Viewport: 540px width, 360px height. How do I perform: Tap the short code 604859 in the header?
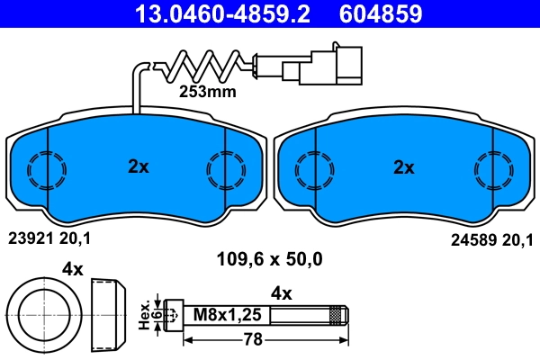[x=381, y=13]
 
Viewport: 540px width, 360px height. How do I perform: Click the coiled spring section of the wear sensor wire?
[x=202, y=65]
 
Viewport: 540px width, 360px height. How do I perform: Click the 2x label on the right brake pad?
[x=403, y=166]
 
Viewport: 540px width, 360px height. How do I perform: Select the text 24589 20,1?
[x=490, y=238]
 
